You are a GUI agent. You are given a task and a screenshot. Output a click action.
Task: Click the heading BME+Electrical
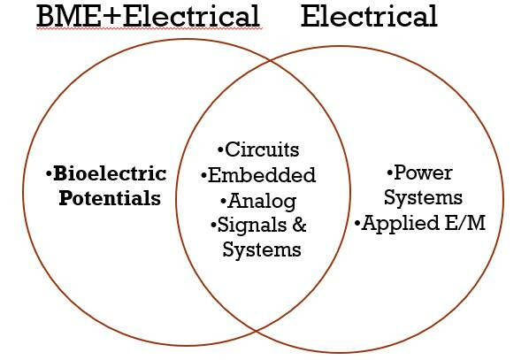pos(135,16)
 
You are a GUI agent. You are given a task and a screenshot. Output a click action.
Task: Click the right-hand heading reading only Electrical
pos(369,16)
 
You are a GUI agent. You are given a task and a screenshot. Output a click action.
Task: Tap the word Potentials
pos(110,197)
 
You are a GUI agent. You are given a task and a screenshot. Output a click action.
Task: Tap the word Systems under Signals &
pos(261,249)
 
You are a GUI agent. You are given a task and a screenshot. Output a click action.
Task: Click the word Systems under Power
pos(428,197)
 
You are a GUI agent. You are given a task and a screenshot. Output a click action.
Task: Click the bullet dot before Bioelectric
pos(49,173)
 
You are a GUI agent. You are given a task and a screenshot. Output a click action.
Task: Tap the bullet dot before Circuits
pos(220,151)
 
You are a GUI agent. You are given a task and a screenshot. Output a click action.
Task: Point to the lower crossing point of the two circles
pos(255,332)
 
